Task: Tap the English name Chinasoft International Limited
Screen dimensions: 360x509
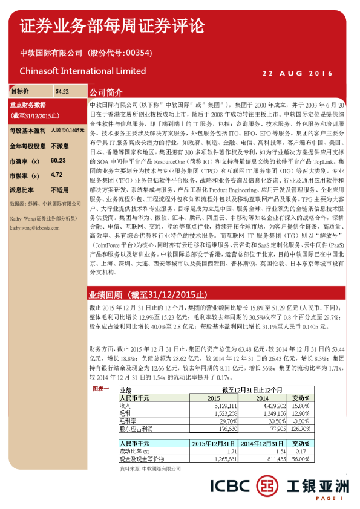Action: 83,71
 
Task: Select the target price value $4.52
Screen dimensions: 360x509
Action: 62,92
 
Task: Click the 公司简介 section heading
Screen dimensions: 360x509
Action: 106,93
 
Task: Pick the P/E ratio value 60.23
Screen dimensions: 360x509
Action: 59,161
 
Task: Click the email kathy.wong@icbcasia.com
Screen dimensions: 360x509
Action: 37,228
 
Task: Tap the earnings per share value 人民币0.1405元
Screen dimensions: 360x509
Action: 68,130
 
